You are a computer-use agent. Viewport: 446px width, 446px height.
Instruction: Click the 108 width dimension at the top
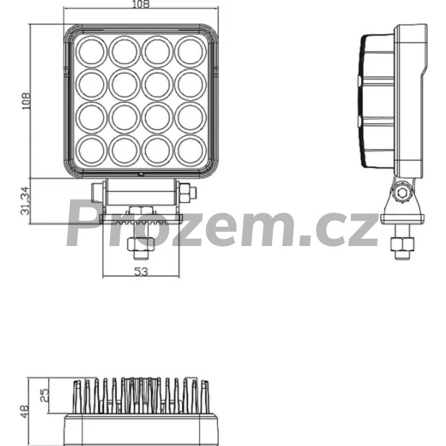click(x=140, y=4)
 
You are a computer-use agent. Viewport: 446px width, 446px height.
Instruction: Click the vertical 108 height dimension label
click(x=26, y=101)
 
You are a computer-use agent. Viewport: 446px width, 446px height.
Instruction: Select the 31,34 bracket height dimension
click(x=25, y=201)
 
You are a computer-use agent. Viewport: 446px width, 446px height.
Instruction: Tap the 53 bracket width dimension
click(x=141, y=271)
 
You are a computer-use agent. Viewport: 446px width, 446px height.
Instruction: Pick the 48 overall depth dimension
click(x=25, y=412)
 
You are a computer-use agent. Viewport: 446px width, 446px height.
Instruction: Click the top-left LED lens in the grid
click(x=91, y=52)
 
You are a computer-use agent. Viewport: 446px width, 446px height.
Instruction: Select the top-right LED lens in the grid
click(x=190, y=52)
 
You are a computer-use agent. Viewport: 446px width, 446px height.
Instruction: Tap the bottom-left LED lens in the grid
click(x=91, y=150)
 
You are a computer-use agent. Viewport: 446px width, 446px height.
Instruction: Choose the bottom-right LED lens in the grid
click(x=190, y=150)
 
